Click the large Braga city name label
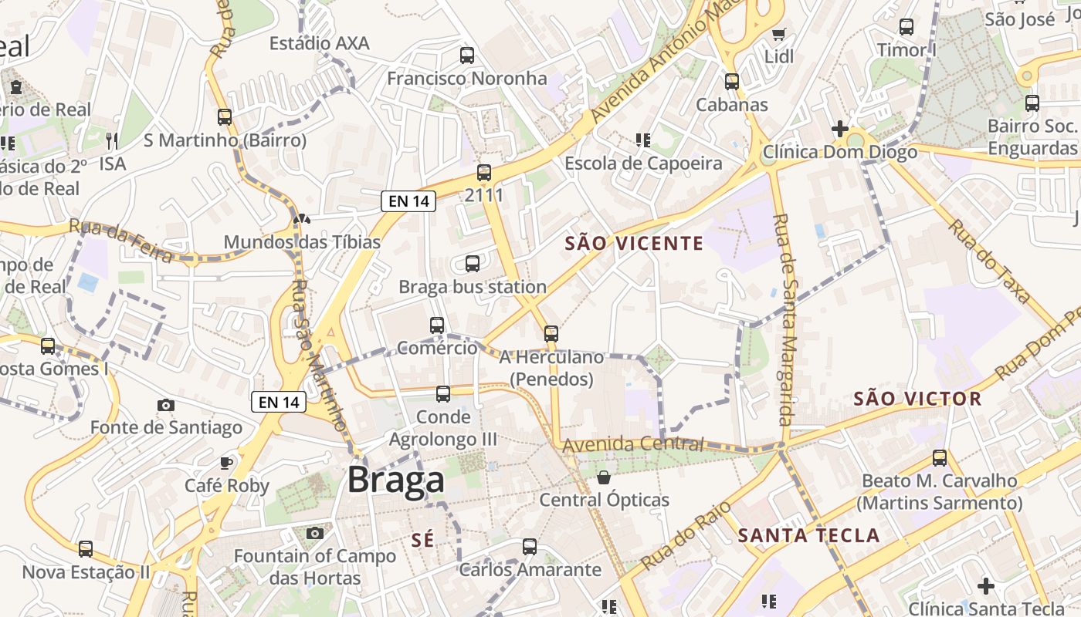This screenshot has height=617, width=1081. [396, 480]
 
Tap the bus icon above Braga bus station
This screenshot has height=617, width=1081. [473, 264]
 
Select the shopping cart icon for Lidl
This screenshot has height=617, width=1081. [778, 34]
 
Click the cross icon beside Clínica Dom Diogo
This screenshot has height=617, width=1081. [840, 128]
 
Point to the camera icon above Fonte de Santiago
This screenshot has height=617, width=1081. [165, 405]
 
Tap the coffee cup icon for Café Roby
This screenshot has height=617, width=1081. [225, 463]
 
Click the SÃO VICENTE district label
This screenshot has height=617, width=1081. [634, 244]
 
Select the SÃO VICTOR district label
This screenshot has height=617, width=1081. [917, 399]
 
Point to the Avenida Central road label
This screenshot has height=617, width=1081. [633, 444]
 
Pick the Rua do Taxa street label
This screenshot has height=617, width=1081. [990, 261]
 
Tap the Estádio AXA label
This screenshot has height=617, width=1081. [319, 43]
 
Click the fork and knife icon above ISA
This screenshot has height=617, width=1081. [112, 140]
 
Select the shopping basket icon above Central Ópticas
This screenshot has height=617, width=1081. [604, 477]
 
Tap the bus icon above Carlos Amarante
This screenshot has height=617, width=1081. [530, 547]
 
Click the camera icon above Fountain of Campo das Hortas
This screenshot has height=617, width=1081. [314, 533]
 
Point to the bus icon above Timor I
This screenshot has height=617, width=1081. [906, 27]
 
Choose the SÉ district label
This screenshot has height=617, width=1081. [422, 541]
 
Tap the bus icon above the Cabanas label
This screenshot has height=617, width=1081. [732, 81]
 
